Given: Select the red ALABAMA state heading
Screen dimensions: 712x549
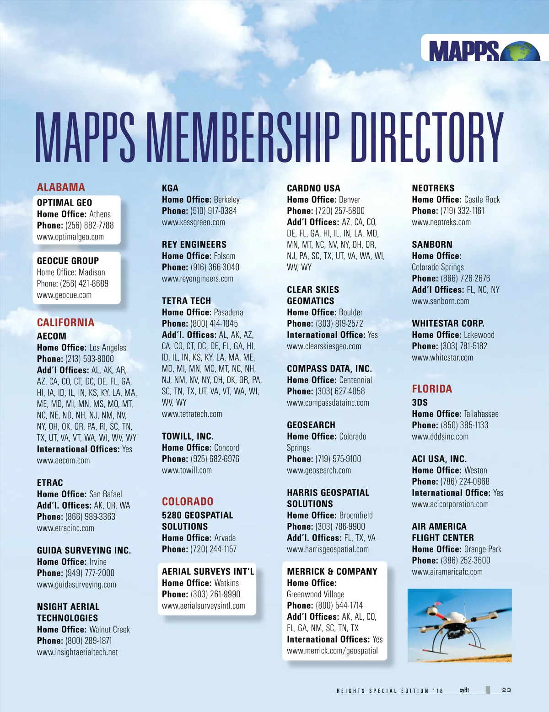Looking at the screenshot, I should point(61,187).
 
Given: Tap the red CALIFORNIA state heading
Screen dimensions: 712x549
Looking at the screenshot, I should point(65,323).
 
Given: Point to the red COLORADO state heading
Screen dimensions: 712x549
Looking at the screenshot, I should point(188,501).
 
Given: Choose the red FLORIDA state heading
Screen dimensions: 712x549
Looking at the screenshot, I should point(432,389).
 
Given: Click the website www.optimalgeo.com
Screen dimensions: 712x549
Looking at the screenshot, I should point(70,237).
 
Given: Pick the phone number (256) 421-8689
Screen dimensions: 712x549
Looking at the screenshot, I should point(84,283).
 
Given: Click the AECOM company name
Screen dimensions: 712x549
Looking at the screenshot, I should point(51,336).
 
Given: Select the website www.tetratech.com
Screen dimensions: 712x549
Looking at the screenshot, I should point(192,414).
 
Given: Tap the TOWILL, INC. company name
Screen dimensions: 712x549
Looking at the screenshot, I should point(188,436).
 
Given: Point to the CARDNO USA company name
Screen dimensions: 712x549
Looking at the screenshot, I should point(313,188).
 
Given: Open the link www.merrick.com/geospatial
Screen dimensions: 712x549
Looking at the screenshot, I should point(332,651).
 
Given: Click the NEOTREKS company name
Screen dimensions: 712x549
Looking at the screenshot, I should point(433,188).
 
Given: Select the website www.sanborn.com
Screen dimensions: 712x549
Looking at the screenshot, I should point(440,301).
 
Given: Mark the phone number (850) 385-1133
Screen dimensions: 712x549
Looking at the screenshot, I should point(464,425).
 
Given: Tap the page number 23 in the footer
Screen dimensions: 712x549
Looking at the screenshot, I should point(506,690).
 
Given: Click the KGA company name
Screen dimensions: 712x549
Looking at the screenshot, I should point(170,188).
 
